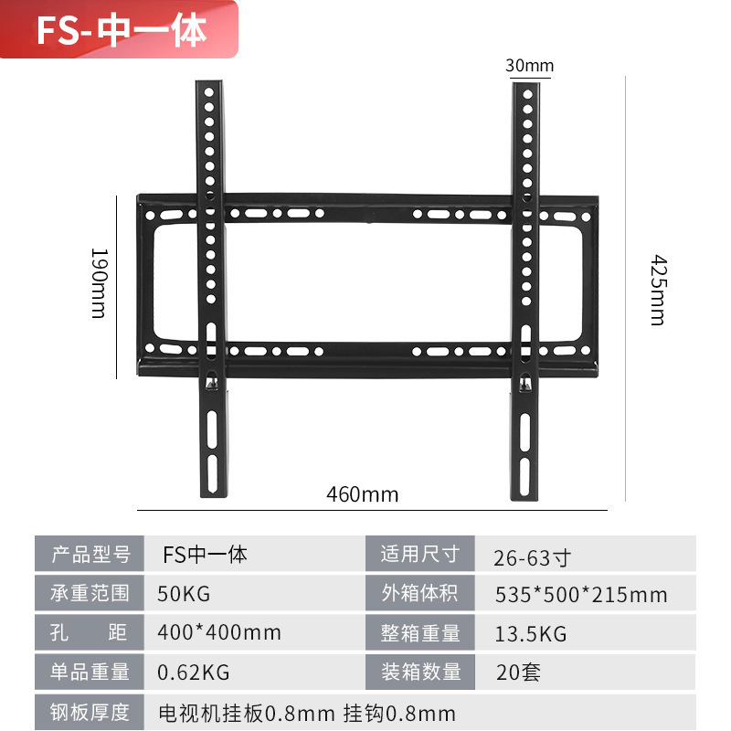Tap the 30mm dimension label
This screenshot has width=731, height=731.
point(529,66)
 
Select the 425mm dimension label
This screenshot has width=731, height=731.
point(657,290)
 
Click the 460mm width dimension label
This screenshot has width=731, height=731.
point(363,494)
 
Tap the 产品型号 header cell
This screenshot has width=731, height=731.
point(90,555)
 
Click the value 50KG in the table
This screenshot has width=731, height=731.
point(184,594)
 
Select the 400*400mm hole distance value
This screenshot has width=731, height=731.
point(219,632)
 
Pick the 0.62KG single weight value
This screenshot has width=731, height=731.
point(194,673)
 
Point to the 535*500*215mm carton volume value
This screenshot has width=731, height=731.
point(580,596)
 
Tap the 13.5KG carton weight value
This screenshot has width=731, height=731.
point(530,633)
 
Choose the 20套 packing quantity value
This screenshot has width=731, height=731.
point(518,673)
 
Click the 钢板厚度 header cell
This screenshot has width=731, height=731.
point(90,712)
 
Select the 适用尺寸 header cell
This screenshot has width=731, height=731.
point(420,555)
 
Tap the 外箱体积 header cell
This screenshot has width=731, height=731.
point(420,594)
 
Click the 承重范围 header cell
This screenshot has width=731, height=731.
point(90,594)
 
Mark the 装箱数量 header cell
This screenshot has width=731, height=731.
point(420,673)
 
